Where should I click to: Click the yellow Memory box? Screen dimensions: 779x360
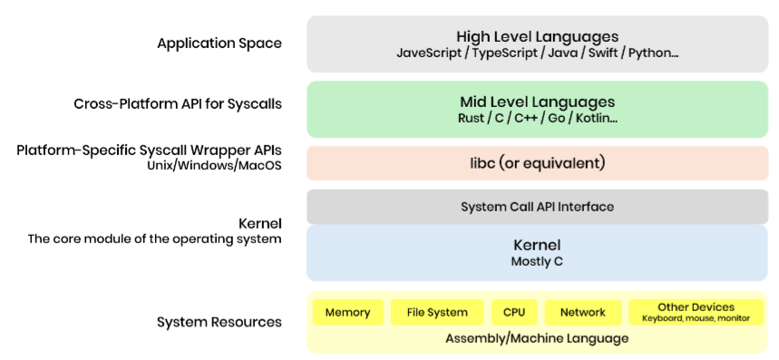[347, 312]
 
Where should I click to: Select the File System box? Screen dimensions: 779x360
[437, 312]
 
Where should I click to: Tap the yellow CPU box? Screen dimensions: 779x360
[514, 312]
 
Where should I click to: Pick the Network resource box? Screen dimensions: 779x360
[583, 312]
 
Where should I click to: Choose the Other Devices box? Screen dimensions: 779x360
[696, 312]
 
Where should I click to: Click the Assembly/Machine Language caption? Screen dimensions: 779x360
[537, 339]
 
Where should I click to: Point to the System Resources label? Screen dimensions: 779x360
[219, 322]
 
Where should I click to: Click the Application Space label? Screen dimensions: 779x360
[219, 44]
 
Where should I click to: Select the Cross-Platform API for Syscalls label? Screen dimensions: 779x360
[178, 104]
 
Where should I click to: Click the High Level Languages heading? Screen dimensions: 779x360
[538, 37]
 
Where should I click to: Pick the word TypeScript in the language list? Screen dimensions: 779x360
[506, 54]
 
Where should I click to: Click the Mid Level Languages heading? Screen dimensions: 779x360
[538, 102]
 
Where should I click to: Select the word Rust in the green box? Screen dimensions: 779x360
[470, 119]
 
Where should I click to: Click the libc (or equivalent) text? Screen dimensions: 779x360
[538, 163]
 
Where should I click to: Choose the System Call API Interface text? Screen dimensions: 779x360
[538, 207]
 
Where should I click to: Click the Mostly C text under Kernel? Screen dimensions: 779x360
[537, 262]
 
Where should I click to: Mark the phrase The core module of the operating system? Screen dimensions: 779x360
[154, 238]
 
